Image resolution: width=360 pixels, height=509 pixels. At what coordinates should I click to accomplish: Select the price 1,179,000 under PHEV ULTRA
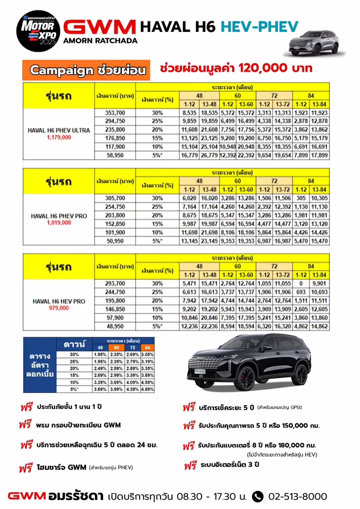pyautogui.click(x=59, y=137)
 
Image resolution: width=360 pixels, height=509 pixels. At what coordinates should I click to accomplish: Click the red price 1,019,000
pyautogui.click(x=59, y=223)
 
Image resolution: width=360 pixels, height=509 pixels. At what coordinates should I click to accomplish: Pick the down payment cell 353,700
pyautogui.click(x=115, y=113)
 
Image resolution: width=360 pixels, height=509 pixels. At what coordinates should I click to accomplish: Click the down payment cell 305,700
pyautogui.click(x=115, y=198)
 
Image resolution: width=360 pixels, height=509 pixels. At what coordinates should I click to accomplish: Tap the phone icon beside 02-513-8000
pyautogui.click(x=258, y=496)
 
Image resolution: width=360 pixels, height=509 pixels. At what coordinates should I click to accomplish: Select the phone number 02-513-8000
pyautogui.click(x=297, y=496)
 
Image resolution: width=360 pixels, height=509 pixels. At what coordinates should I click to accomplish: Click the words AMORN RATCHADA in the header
pyautogui.click(x=100, y=41)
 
